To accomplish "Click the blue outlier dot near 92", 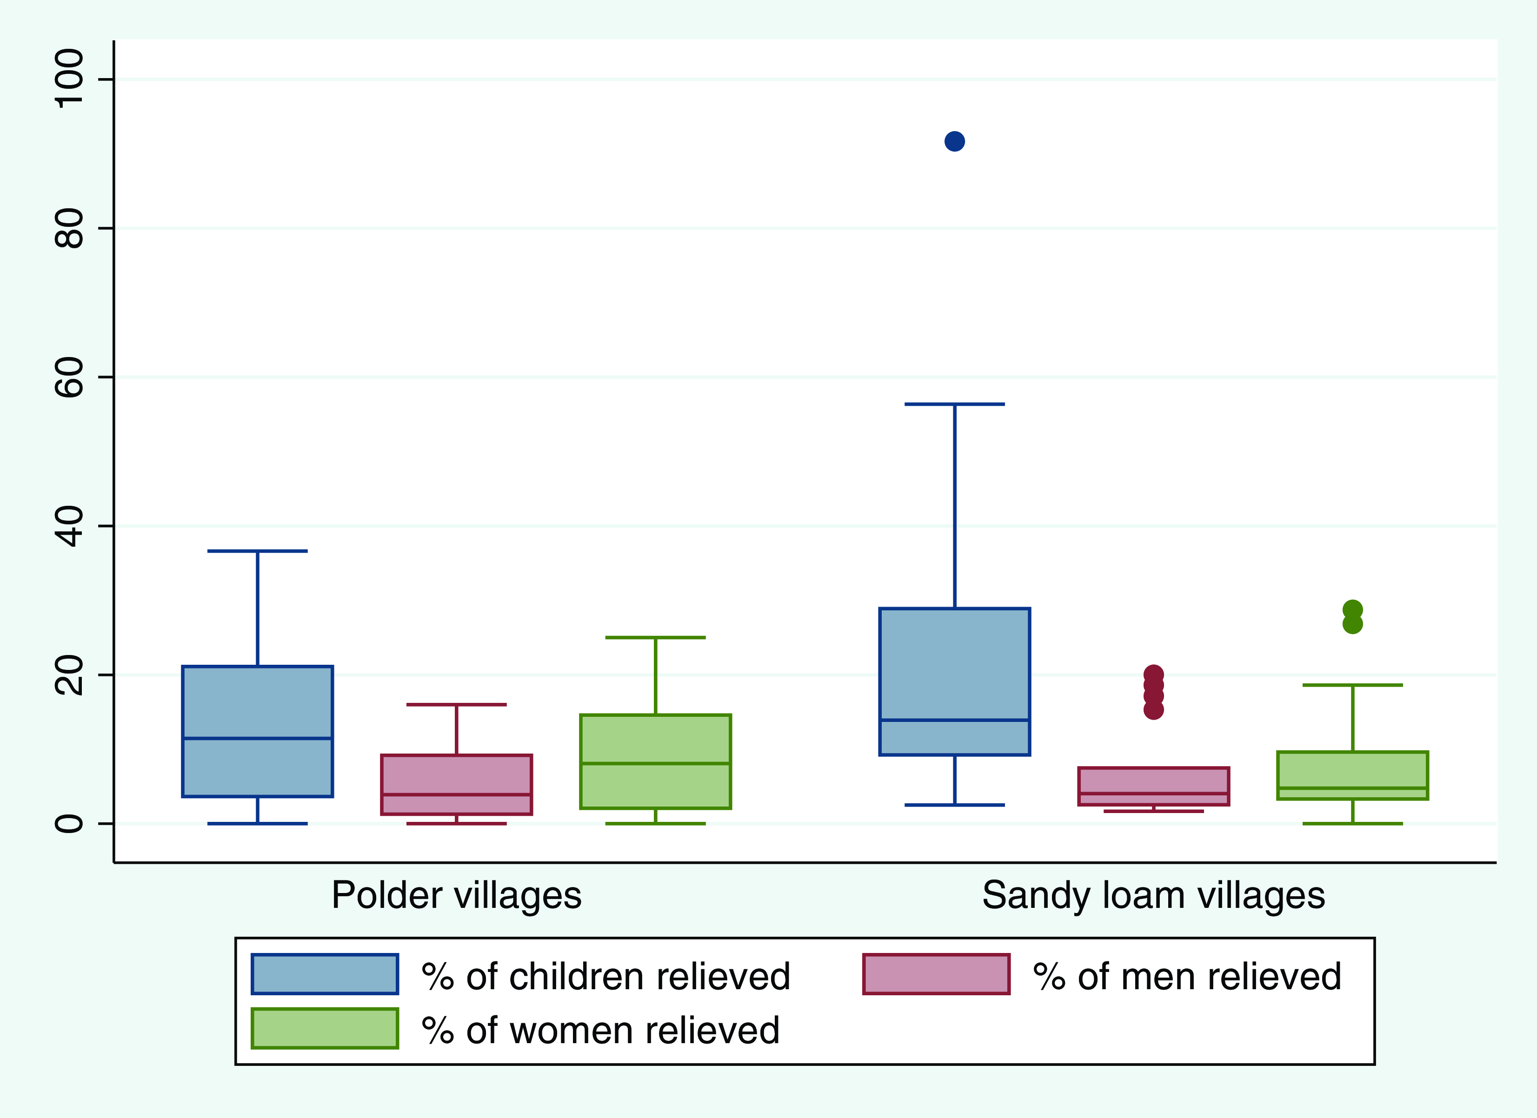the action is pyautogui.click(x=954, y=142).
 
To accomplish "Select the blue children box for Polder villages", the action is pyautogui.click(x=258, y=731).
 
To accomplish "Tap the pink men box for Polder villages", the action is pyautogui.click(x=457, y=785).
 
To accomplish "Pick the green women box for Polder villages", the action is pyautogui.click(x=655, y=761).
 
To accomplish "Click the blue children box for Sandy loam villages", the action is pyautogui.click(x=954, y=681).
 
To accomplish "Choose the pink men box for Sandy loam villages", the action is pyautogui.click(x=1153, y=786).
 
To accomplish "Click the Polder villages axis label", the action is pyautogui.click(x=456, y=896).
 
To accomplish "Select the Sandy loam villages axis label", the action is pyautogui.click(x=1153, y=896).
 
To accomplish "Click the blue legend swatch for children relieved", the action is pyautogui.click(x=325, y=974).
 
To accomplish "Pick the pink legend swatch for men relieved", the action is pyautogui.click(x=936, y=974).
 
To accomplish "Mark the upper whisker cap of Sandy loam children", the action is pyautogui.click(x=954, y=404).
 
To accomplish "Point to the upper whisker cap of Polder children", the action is pyautogui.click(x=258, y=551).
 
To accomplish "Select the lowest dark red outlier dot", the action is pyautogui.click(x=1153, y=709).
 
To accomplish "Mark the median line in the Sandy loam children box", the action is pyautogui.click(x=954, y=720).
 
